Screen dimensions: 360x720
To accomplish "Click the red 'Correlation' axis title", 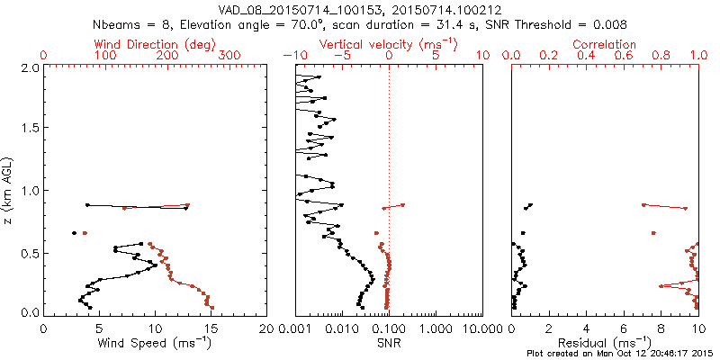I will click(x=605, y=44).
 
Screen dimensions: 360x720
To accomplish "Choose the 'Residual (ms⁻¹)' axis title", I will click(x=605, y=343).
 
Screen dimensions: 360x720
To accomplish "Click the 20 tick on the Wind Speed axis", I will click(x=266, y=329).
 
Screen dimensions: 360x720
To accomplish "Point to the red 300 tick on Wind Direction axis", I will click(x=229, y=56).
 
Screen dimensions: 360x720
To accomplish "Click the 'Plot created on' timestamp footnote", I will click(x=620, y=354).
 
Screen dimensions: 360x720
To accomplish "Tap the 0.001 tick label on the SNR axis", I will click(x=296, y=329).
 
